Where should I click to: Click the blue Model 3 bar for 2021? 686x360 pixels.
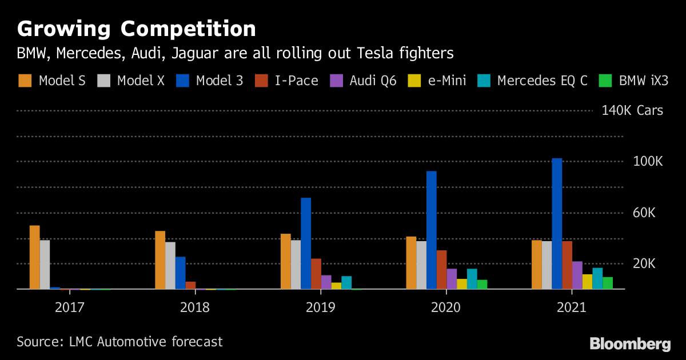557,223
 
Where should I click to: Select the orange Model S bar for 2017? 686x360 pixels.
35,257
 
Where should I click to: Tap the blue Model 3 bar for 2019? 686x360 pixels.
306,243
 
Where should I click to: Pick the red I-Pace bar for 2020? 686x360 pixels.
441,270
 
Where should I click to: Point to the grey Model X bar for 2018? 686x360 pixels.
170,266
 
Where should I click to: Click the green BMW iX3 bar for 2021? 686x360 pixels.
608,283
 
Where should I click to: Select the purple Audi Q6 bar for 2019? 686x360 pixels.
326,282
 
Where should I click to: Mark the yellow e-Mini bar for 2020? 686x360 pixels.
462,284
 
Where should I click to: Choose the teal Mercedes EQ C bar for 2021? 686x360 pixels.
597,278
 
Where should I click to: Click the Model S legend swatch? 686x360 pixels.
25,81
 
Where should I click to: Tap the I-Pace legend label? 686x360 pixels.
296,81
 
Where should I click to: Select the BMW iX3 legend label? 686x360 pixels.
644,81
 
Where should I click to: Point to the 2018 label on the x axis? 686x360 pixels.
195,307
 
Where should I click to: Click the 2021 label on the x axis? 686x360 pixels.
572,307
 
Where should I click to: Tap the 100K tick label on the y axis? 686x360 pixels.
648,162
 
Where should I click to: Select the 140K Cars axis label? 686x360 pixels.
632,110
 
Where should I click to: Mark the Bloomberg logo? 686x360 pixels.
630,343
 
